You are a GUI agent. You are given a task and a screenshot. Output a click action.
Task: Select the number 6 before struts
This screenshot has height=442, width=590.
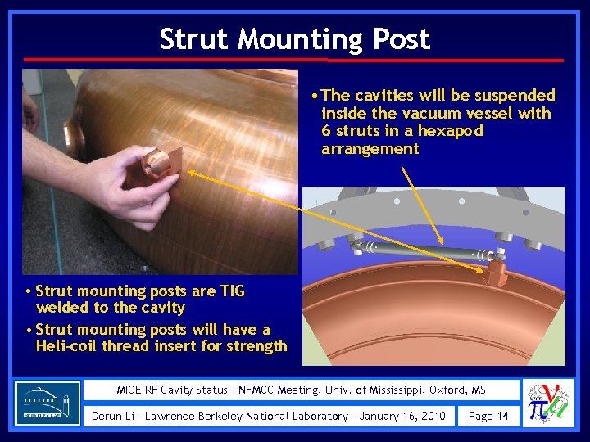[x=326, y=131]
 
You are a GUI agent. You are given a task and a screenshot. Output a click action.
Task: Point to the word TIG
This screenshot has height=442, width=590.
[x=229, y=291]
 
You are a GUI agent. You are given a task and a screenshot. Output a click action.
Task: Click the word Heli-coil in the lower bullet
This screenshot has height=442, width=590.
[x=68, y=345]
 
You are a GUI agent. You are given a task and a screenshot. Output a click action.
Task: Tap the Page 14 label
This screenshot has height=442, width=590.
[x=488, y=416]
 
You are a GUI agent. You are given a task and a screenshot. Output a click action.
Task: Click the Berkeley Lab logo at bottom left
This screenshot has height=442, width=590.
[x=48, y=403]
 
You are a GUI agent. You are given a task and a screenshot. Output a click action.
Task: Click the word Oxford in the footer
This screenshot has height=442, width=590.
[x=447, y=390]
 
